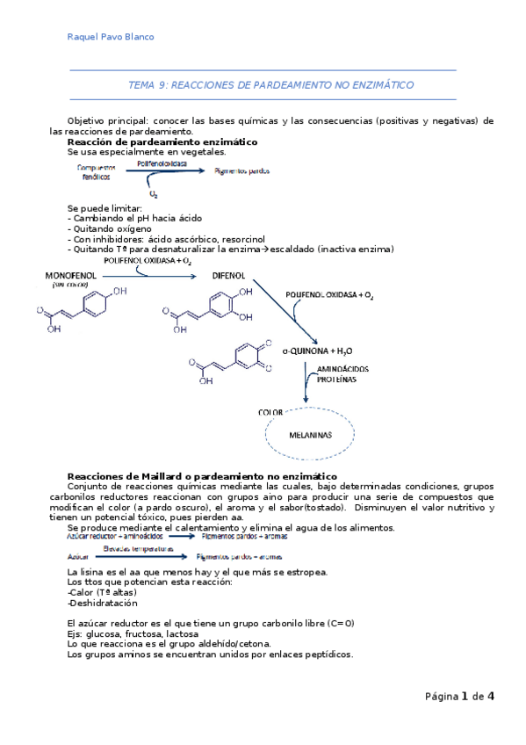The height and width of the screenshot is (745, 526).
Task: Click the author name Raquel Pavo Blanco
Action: coord(110,36)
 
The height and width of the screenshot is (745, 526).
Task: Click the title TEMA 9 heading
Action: coord(270,85)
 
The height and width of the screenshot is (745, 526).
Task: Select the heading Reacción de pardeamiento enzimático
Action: coord(162,141)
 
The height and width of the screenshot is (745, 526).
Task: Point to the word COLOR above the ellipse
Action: coord(271,411)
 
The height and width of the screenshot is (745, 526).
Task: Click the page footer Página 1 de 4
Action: coord(459,697)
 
